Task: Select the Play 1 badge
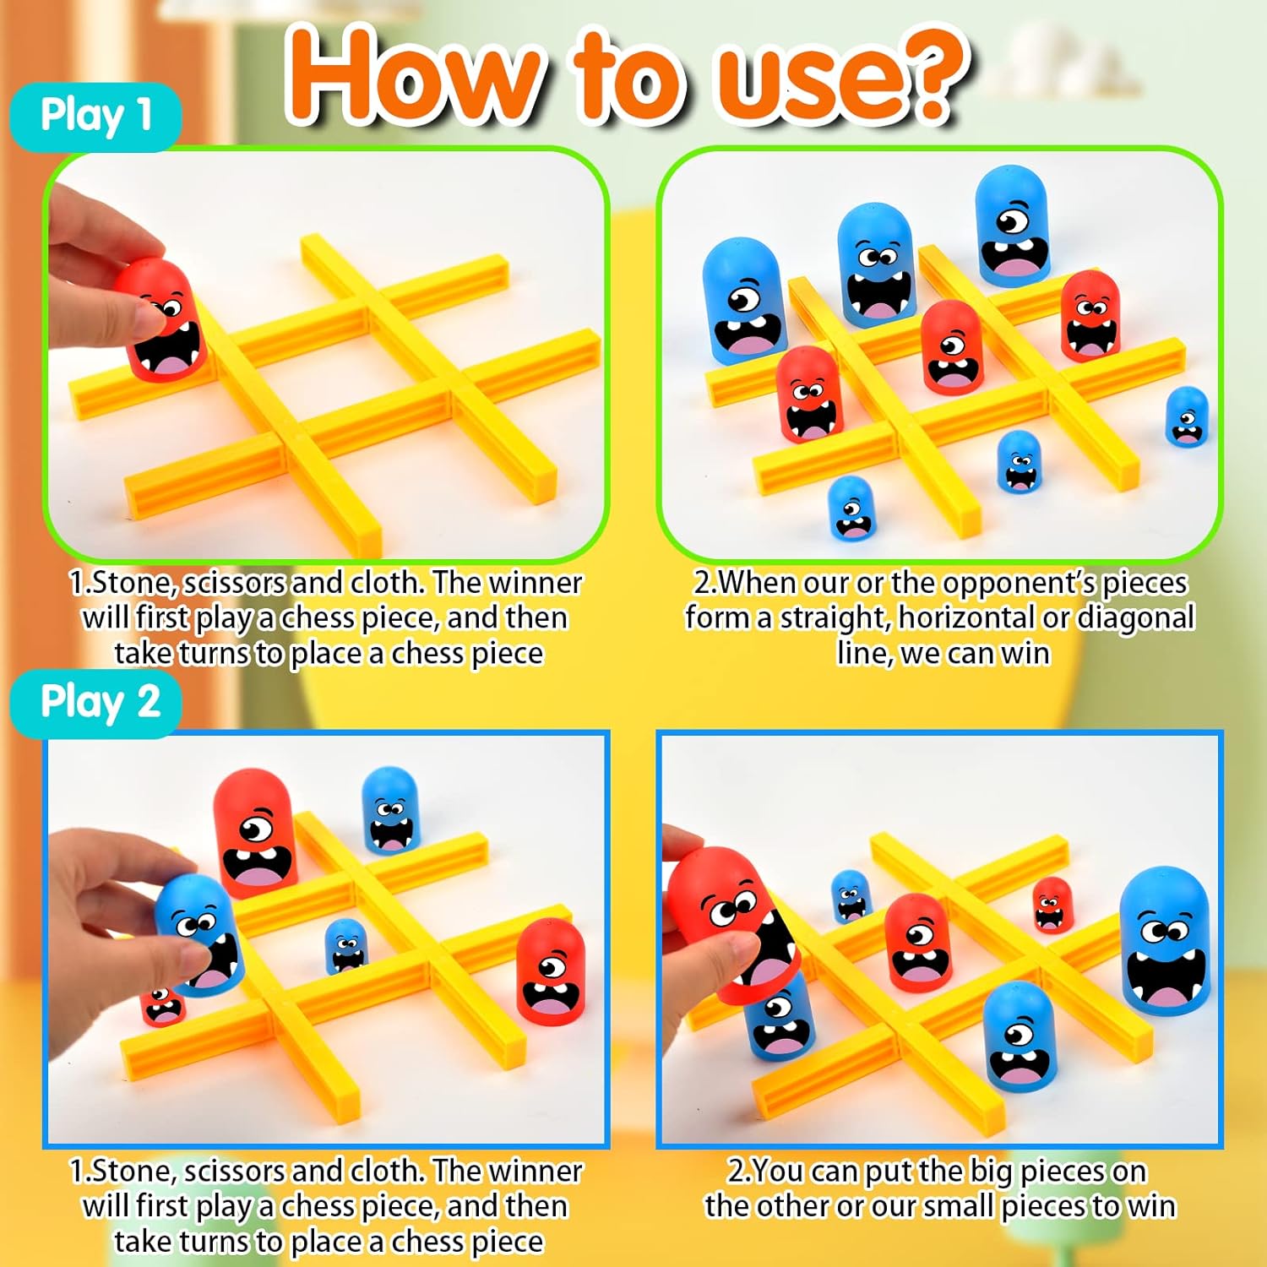(95, 116)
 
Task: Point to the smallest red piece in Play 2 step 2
(1052, 904)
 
